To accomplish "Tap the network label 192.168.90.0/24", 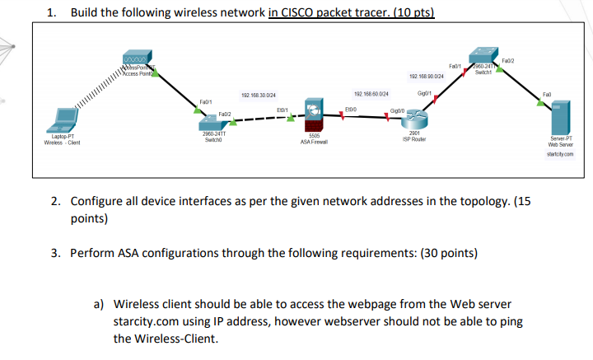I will [x=427, y=75].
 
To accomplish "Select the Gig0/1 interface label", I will [x=426, y=94].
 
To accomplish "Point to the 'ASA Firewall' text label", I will [x=314, y=142].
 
